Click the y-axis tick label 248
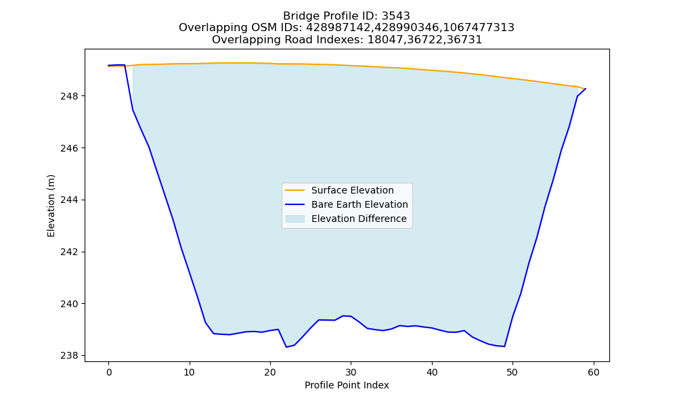70,96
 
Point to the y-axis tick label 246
70,148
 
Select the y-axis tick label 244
70,200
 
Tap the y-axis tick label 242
70,252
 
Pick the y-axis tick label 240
70,304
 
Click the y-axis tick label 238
70,356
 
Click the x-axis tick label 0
109,372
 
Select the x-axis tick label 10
190,372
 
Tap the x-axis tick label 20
270,372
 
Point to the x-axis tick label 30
351,372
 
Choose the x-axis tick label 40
432,372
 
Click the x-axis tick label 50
512,372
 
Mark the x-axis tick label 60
594,372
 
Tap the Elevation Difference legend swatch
295,219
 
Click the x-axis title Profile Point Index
347,385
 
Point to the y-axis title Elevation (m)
51,206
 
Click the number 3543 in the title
396,16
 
